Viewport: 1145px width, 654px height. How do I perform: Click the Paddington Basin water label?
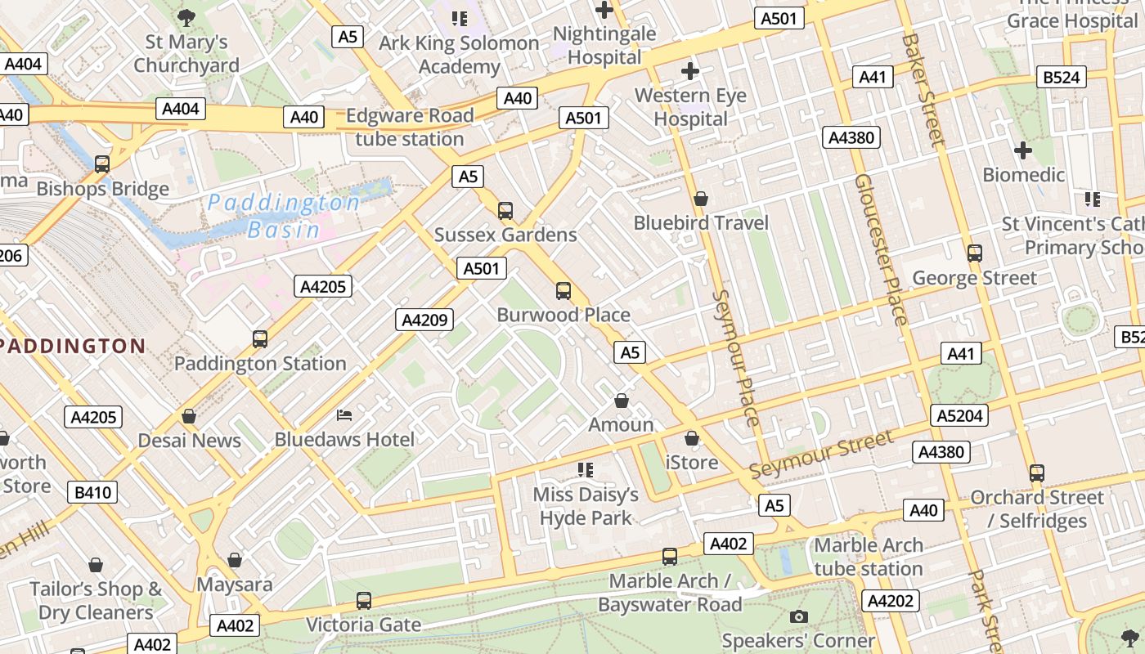(284, 216)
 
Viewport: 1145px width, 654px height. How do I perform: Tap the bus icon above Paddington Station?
(260, 338)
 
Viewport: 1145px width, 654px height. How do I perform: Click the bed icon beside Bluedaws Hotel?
(344, 415)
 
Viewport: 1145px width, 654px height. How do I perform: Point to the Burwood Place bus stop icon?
(564, 290)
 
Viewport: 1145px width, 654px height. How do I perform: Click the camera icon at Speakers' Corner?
(799, 616)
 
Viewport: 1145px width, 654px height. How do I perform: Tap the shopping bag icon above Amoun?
(622, 401)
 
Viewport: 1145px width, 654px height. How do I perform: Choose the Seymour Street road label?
(821, 455)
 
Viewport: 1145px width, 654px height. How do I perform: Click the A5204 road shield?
(959, 415)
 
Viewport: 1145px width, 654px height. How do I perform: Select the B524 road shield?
(1062, 78)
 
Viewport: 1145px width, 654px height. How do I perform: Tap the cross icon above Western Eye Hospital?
(690, 71)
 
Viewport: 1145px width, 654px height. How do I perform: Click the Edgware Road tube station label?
(410, 127)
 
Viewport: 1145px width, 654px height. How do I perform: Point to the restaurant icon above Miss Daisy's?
(585, 469)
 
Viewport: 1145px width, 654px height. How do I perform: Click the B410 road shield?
(93, 492)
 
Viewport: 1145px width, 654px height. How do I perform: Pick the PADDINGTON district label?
(72, 346)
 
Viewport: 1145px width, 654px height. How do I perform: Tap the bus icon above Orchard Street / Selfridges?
(1037, 473)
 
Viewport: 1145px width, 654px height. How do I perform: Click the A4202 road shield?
(890, 601)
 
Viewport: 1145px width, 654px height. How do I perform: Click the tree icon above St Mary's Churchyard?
(186, 16)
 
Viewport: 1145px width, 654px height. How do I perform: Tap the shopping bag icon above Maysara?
(235, 560)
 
